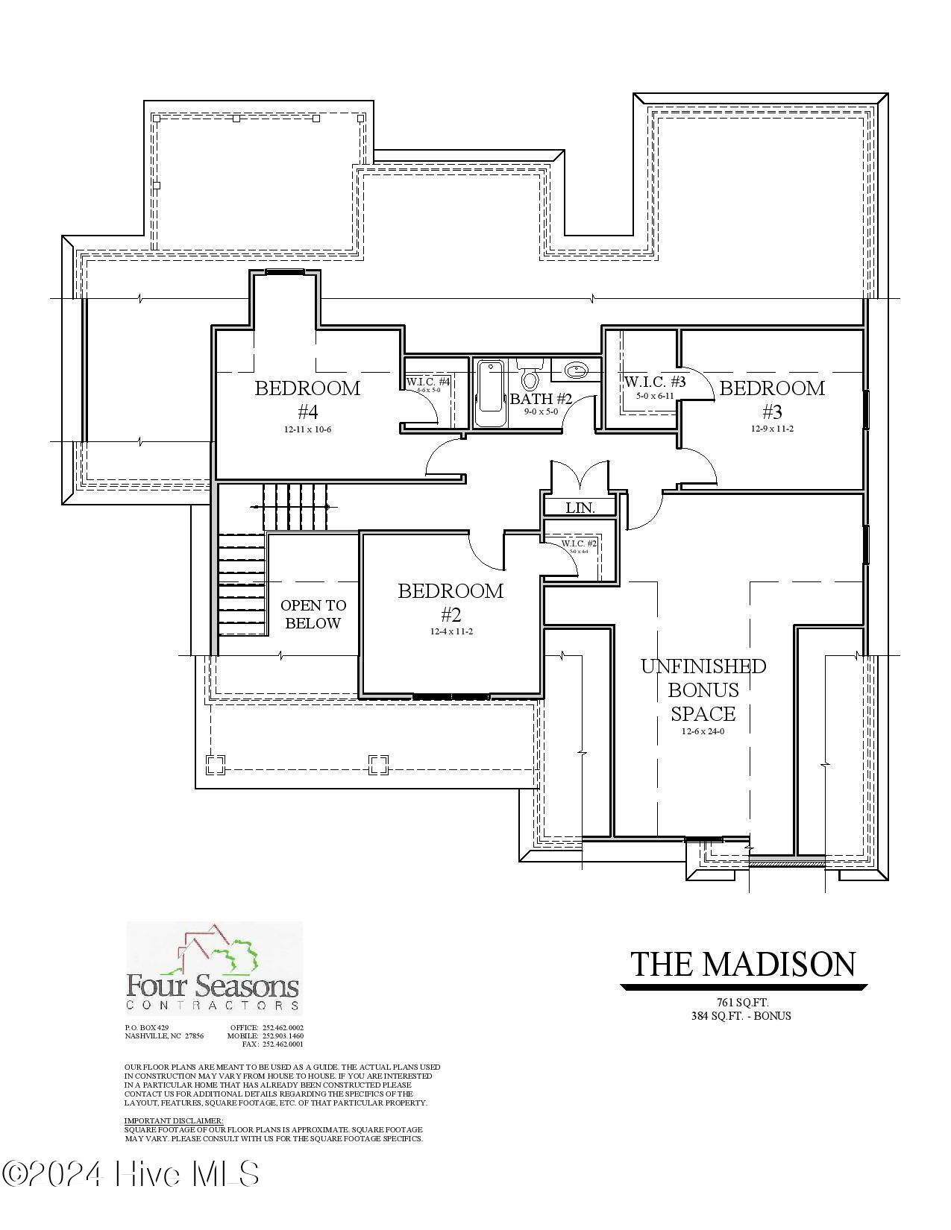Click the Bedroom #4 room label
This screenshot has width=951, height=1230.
[307, 399]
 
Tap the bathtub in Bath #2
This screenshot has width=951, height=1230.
[489, 394]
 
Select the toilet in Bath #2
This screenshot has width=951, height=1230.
[530, 376]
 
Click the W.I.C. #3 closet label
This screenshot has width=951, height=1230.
[654, 382]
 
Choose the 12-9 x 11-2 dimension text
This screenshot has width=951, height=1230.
[772, 429]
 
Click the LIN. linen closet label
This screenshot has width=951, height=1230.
[580, 508]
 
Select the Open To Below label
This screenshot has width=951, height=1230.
[313, 614]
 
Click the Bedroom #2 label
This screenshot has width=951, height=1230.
[451, 602]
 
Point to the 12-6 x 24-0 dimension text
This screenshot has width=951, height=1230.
[703, 731]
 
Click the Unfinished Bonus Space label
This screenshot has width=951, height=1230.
[703, 690]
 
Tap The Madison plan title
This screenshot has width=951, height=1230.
[743, 964]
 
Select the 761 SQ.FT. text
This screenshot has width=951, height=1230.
[741, 1003]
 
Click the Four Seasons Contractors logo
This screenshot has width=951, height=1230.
[213, 968]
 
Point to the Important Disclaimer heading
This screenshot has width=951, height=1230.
[173, 1120]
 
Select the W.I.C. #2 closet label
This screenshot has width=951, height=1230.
[579, 543]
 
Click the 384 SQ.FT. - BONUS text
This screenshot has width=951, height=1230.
[741, 1015]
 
